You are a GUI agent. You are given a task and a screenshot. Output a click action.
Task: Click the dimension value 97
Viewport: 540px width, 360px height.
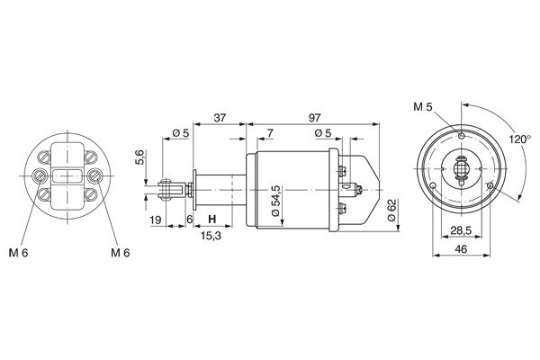pos(314,118)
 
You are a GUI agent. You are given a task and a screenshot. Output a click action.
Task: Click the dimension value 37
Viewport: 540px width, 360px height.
pos(220,118)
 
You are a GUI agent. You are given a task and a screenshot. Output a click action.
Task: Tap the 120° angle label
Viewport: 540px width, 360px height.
pos(520,139)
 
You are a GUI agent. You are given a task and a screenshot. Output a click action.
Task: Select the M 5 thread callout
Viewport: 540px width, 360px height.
pos(423,107)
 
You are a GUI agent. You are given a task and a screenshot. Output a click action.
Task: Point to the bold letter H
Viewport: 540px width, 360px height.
pos(212,219)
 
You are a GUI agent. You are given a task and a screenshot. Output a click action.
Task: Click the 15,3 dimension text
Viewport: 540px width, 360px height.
pos(211,236)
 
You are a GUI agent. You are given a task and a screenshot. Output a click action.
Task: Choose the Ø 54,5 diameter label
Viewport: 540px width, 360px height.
pos(276,201)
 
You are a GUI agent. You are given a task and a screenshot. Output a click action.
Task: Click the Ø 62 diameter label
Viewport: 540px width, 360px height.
pos(392,210)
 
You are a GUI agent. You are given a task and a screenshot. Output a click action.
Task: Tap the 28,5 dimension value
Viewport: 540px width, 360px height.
pos(461,230)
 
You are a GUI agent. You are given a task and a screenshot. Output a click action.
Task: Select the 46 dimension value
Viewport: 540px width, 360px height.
pos(461,248)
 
